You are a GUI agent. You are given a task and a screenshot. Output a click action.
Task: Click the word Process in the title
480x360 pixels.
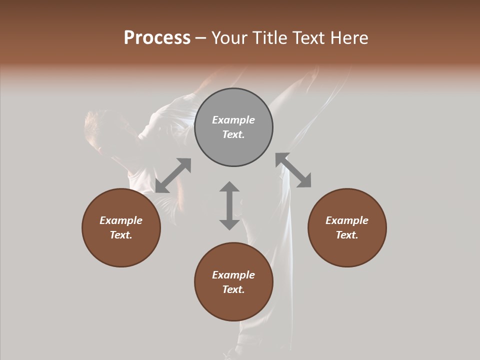(x=157, y=38)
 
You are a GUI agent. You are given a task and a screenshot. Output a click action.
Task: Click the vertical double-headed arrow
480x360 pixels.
(x=229, y=205)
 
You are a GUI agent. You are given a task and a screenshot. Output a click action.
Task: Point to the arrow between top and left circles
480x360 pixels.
(x=173, y=175)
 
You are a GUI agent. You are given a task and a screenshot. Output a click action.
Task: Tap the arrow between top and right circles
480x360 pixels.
(x=293, y=170)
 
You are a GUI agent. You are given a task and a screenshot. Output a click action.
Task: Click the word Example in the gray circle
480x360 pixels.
(x=233, y=120)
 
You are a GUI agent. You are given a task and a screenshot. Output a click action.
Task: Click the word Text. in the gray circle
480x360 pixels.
(x=233, y=134)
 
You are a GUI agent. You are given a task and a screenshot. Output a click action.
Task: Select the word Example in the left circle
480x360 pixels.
(x=121, y=220)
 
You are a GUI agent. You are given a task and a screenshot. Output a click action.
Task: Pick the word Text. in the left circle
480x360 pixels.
(x=121, y=235)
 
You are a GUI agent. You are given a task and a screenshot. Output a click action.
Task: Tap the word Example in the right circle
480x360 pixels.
(x=347, y=220)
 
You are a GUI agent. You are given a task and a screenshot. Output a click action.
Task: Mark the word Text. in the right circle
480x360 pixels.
(x=347, y=235)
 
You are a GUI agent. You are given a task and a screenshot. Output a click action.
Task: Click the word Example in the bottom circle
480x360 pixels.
(x=233, y=275)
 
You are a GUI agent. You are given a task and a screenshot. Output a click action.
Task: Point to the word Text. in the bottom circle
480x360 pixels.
(x=233, y=289)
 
